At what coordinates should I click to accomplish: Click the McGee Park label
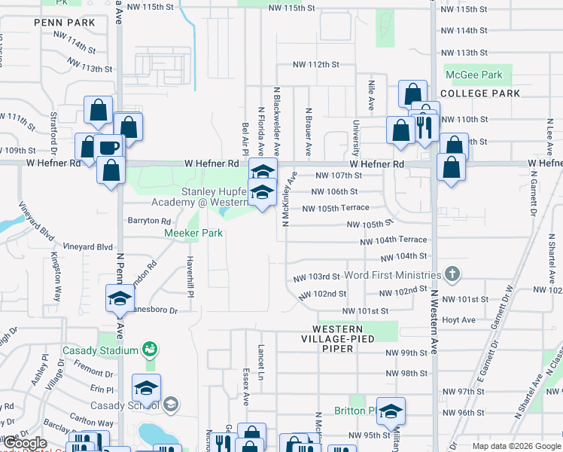click(x=473, y=75)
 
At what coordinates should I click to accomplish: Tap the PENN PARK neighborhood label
click(x=65, y=23)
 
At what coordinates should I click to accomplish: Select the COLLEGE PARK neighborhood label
click(x=480, y=93)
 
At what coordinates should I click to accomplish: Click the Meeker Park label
click(x=193, y=234)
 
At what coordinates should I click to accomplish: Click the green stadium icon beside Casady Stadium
click(x=150, y=350)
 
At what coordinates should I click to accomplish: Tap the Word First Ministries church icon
click(x=452, y=273)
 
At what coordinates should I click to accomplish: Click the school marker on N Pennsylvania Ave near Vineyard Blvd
click(x=120, y=300)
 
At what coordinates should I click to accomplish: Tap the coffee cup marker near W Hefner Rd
click(x=109, y=145)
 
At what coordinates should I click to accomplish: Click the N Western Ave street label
click(x=435, y=323)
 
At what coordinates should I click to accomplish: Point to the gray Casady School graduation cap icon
click(x=171, y=405)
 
